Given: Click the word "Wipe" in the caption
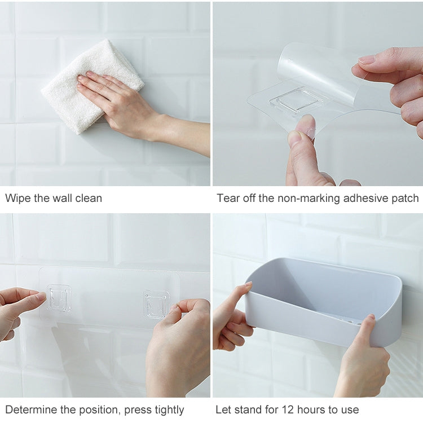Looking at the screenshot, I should click(18, 199).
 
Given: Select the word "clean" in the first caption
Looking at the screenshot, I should click(89, 199).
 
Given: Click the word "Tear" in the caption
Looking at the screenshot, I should click(228, 199).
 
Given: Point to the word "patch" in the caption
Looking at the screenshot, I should click(404, 199).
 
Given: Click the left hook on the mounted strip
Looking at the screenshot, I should click(59, 298).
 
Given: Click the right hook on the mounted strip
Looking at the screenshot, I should click(156, 303).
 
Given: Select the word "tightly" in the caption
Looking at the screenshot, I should click(167, 409).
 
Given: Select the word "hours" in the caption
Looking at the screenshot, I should click(312, 409).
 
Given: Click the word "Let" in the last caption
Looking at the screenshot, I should click(223, 409).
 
